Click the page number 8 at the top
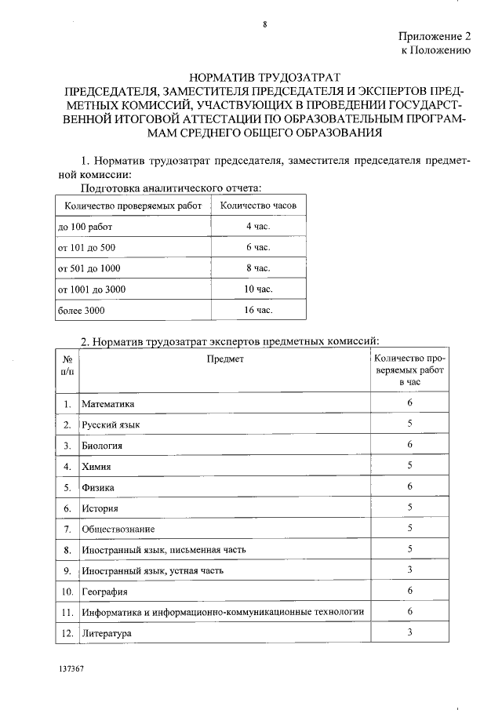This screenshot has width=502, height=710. click(265, 24)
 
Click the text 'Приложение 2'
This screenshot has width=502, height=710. click(434, 36)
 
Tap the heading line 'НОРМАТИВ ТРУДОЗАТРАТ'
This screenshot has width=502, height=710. click(265, 78)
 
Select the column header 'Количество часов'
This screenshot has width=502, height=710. click(258, 206)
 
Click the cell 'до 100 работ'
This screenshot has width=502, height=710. click(85, 226)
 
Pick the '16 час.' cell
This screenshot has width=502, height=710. click(258, 311)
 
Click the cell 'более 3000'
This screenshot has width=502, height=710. click(81, 311)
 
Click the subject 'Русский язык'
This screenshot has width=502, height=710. click(111, 424)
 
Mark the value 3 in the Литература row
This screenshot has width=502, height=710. click(409, 632)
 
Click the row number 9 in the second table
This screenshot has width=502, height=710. click(67, 570)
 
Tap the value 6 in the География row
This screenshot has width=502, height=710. click(409, 591)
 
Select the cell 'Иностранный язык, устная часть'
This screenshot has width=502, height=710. click(153, 570)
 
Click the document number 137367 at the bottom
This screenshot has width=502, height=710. click(71, 673)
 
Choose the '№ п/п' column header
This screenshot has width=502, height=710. click(67, 364)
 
